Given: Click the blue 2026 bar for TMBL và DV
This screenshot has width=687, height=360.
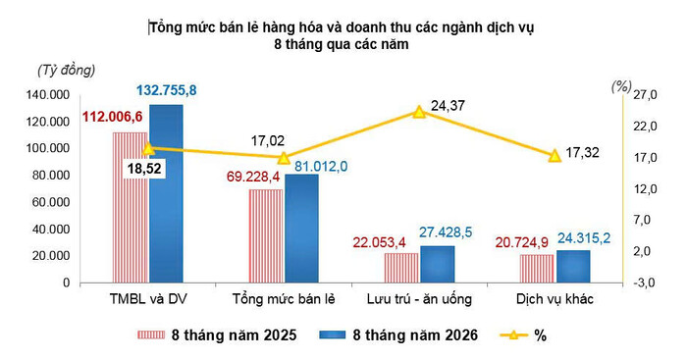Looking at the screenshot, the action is pyautogui.click(x=166, y=193).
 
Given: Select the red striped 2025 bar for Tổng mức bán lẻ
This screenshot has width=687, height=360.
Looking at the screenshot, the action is pyautogui.click(x=266, y=236).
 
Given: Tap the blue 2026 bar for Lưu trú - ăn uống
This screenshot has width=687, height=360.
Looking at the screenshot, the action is pyautogui.click(x=438, y=265).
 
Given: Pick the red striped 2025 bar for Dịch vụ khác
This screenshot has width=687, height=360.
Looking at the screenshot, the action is pyautogui.click(x=537, y=269).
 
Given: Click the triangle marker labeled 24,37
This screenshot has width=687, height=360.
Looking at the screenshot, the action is pyautogui.click(x=419, y=112).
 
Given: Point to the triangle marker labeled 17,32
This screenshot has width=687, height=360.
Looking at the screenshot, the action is pyautogui.click(x=555, y=155).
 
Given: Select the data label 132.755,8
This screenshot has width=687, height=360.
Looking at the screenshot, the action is pyautogui.click(x=167, y=90).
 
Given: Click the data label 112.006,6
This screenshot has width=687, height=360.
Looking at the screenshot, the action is pyautogui.click(x=113, y=117).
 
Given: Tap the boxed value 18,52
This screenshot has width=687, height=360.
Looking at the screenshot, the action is pyautogui.click(x=144, y=169).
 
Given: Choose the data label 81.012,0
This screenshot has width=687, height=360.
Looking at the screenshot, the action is pyautogui.click(x=321, y=167).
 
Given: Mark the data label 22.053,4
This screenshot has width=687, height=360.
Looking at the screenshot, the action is pyautogui.click(x=380, y=242).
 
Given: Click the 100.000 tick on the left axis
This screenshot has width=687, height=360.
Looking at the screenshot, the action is pyautogui.click(x=48, y=148).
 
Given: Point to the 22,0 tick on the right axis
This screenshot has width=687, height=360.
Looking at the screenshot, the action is pyautogui.click(x=646, y=127).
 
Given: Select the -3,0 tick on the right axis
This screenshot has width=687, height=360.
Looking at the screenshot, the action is pyautogui.click(x=646, y=283).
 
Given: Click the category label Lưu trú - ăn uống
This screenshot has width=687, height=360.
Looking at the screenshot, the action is pyautogui.click(x=419, y=299).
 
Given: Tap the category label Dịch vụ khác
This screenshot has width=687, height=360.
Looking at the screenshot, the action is pyautogui.click(x=555, y=299).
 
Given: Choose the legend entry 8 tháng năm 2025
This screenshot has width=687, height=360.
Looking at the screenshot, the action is pyautogui.click(x=217, y=335).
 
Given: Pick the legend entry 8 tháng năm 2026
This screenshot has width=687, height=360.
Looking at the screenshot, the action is pyautogui.click(x=398, y=335).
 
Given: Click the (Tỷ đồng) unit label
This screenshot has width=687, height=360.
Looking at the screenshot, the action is pyautogui.click(x=67, y=71).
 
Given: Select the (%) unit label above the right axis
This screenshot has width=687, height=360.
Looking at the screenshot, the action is pyautogui.click(x=621, y=87).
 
